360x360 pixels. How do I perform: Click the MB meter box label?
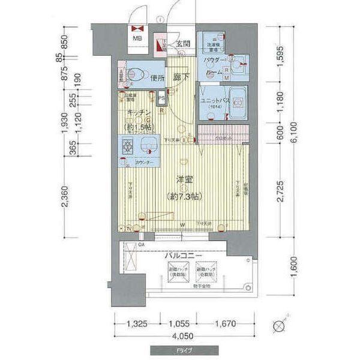click(x=137, y=40)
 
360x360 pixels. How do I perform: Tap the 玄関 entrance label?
click(x=183, y=44)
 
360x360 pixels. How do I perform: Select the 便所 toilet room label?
click(x=158, y=77)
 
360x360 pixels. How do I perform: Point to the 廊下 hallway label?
click(x=182, y=77)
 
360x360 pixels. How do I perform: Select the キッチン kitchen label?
click(x=138, y=113)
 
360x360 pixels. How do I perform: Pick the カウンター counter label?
click(x=143, y=163)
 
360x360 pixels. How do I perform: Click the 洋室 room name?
click(x=184, y=179)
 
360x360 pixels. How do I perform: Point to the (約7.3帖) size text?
click(x=184, y=196)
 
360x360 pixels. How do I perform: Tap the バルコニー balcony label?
click(x=184, y=256)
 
